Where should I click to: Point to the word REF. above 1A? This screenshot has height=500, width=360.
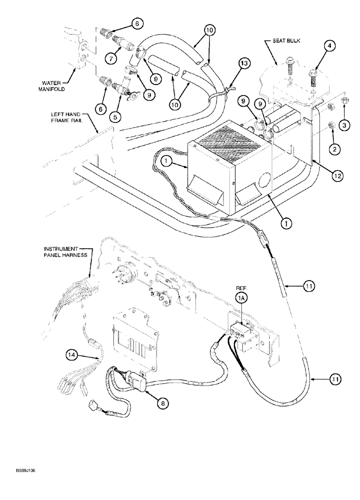242,288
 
